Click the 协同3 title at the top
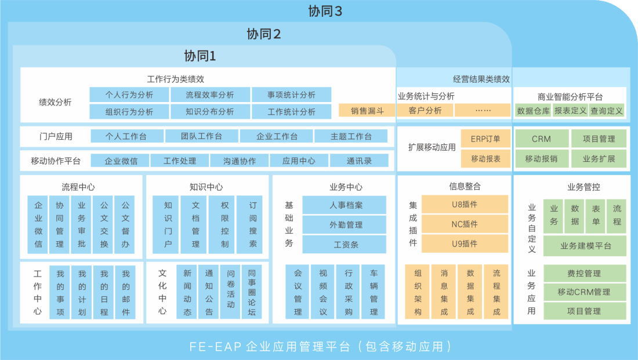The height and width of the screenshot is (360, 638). tap(325, 11)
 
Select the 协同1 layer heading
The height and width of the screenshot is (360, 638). tap(200, 56)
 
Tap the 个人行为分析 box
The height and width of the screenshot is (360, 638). tap(129, 94)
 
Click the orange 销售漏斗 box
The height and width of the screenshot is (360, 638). tap(367, 111)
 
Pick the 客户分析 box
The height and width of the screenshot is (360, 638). tap(425, 110)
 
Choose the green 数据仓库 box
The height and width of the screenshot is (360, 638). tap(533, 111)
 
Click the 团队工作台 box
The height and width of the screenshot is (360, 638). tap(201, 136)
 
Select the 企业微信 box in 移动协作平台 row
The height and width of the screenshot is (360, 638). tap(121, 161)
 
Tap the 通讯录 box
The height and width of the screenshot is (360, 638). tap(359, 161)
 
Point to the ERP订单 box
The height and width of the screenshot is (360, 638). tap(485, 139)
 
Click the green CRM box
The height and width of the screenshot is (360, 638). tap(541, 139)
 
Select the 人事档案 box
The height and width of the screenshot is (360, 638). tap(344, 205)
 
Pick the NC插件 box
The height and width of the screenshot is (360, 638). tap(465, 224)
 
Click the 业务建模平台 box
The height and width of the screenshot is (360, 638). tap(585, 246)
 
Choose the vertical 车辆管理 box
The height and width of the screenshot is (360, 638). tap(374, 292)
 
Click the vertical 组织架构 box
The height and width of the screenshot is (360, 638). tap(418, 292)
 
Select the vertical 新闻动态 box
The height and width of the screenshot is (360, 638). tap(187, 292)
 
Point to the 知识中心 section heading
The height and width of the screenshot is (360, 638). tap(206, 187)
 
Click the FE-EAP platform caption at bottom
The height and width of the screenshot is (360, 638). tap(320, 346)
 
